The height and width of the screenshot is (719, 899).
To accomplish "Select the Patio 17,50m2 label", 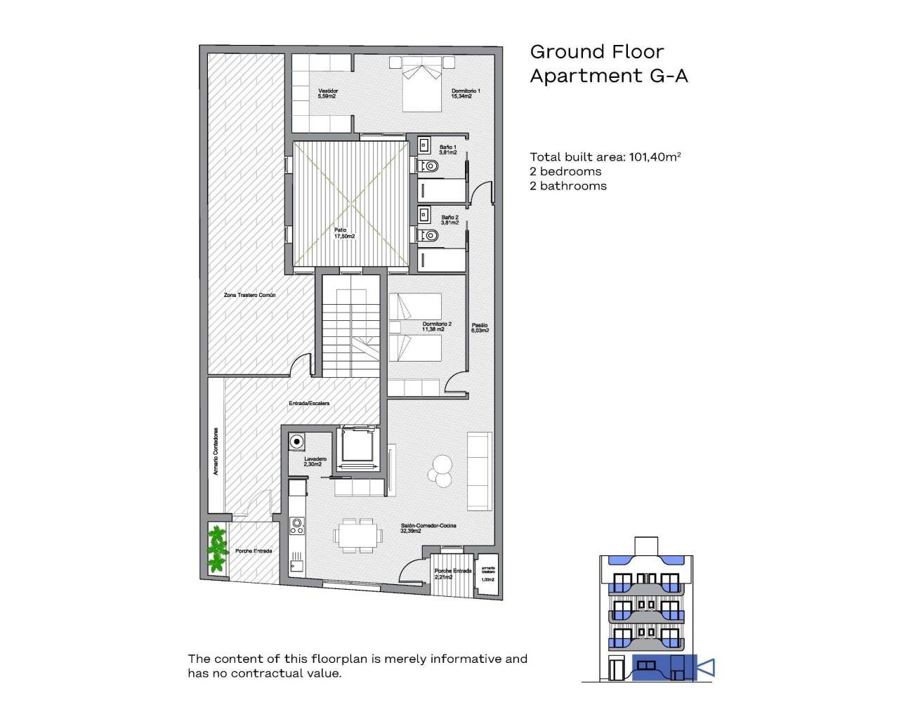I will [344, 233].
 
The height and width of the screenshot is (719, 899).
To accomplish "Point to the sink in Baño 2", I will [425, 213].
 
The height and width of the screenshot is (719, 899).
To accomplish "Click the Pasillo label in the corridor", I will [480, 327].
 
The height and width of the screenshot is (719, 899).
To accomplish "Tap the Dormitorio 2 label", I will [437, 326].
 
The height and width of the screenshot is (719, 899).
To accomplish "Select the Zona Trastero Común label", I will [249, 295].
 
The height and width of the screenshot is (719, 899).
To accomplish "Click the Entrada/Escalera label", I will [309, 403].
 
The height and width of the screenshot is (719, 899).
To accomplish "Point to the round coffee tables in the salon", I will [442, 470].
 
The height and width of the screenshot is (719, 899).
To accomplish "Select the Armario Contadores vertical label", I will [216, 451].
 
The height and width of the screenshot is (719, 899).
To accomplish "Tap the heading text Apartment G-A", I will [608, 76].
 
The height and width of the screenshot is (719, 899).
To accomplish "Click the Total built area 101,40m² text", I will [605, 157].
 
